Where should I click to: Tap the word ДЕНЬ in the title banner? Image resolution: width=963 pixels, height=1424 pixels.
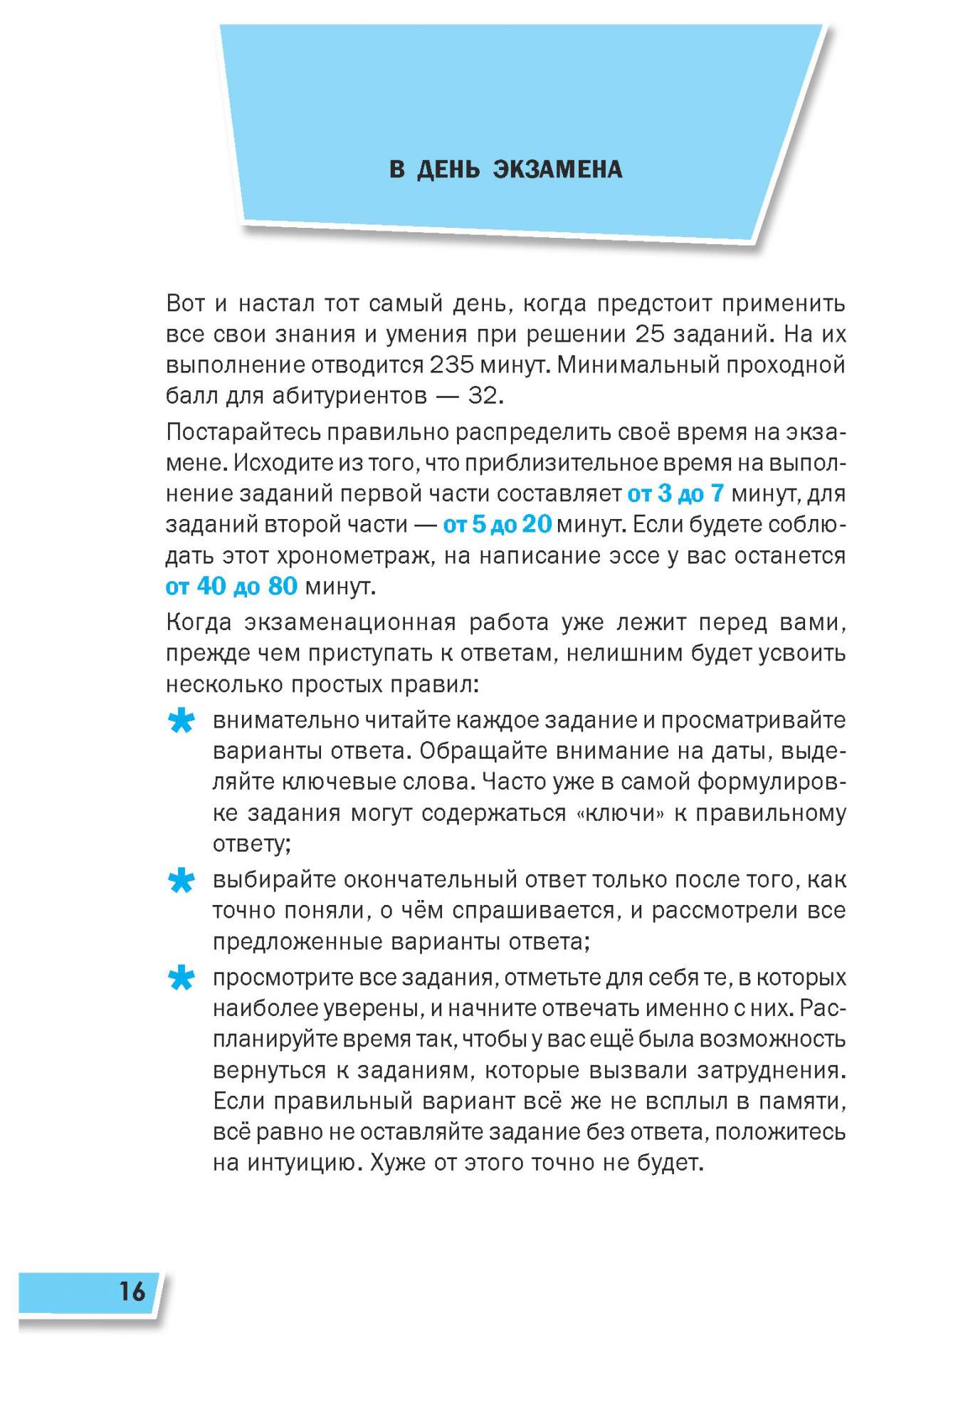(448, 169)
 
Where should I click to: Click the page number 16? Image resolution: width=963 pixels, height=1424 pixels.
(132, 1292)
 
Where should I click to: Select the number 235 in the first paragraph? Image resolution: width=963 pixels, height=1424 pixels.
(451, 365)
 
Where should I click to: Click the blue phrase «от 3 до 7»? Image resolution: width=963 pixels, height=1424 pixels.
(675, 493)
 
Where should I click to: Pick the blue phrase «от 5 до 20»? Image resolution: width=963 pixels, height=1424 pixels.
(497, 525)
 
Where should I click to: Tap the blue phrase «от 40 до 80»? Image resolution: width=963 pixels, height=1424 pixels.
(231, 587)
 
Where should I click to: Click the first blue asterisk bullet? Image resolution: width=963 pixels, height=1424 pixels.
(181, 722)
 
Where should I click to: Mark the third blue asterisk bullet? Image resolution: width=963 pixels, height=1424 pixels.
(181, 979)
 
